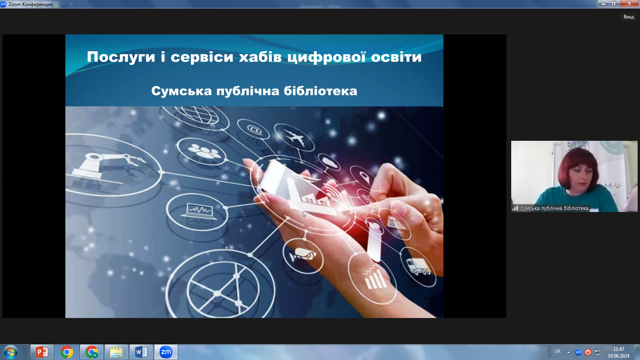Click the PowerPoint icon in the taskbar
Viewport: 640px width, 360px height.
point(42,352)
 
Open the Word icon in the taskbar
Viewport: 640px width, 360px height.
point(141,352)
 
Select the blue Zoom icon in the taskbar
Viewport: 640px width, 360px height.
point(166,352)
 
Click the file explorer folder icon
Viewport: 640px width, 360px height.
point(116,352)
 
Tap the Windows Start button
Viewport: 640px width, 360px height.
point(11,352)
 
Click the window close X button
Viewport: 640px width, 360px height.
point(630,4)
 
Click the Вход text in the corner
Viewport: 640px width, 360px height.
point(628,17)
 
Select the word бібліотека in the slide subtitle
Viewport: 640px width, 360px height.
point(320,91)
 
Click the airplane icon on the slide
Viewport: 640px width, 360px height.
point(294,138)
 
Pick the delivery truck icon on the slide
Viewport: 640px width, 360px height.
point(418,267)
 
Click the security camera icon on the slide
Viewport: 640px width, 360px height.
point(303,254)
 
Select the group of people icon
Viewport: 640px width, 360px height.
point(204,152)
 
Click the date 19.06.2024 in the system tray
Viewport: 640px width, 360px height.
point(618,356)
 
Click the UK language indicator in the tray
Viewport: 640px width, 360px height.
point(558,352)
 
